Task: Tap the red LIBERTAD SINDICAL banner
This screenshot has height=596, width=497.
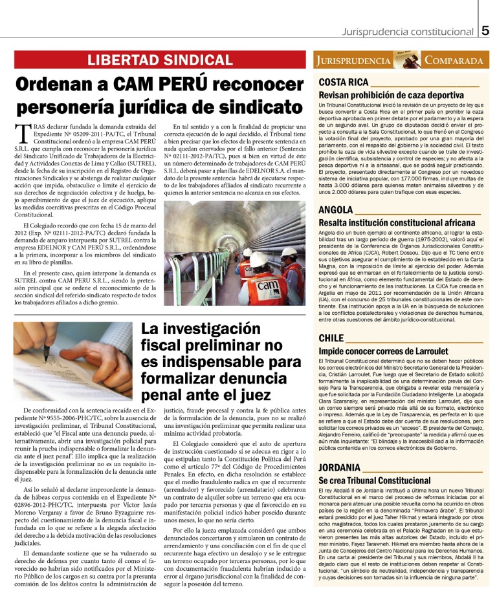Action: (159, 61)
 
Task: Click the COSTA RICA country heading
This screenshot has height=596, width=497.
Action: (343, 82)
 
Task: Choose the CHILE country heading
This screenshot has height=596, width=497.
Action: (331, 338)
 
